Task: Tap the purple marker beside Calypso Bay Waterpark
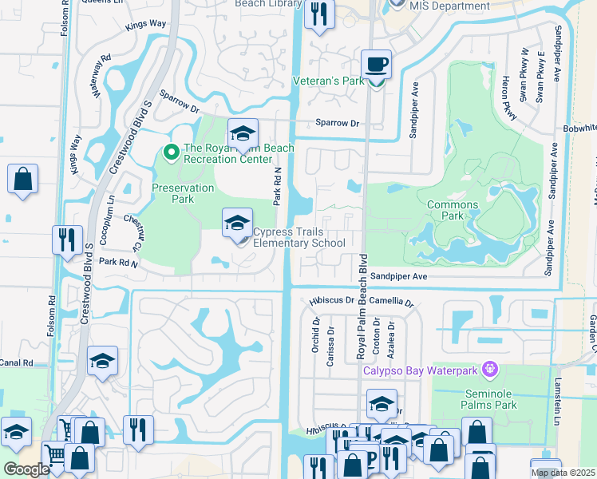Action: tap(490, 370)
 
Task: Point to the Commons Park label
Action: tap(452, 210)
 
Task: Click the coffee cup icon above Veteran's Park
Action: tap(375, 63)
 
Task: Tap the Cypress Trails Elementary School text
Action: tap(298, 238)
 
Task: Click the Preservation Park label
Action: tap(183, 193)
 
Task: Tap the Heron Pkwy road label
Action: tap(506, 100)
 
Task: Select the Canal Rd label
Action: tap(17, 362)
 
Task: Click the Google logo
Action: tap(26, 469)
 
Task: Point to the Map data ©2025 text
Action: tap(563, 473)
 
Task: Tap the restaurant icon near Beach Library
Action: tap(319, 14)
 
